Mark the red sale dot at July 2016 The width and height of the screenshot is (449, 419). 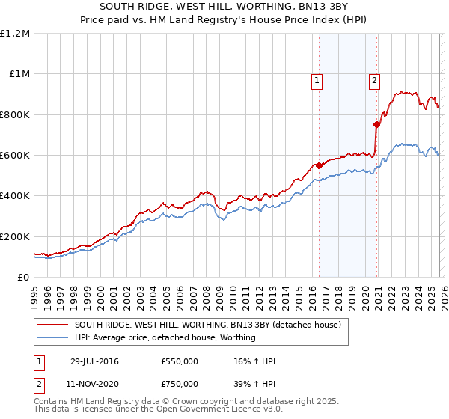pyautogui.click(x=319, y=165)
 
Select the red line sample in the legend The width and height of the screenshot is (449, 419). pyautogui.click(x=53, y=325)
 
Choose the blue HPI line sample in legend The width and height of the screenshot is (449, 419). pyautogui.click(x=53, y=337)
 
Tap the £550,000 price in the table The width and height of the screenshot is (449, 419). pyautogui.click(x=180, y=361)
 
